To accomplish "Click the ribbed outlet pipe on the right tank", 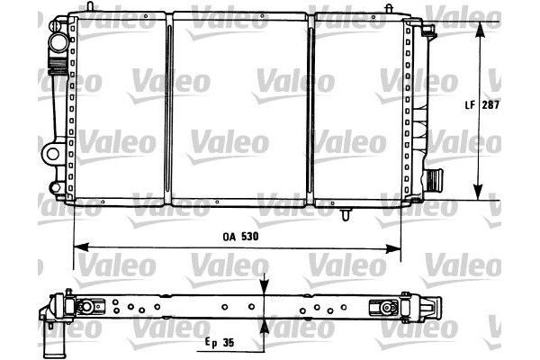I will [x=433, y=178].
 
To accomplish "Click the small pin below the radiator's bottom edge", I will [x=346, y=215].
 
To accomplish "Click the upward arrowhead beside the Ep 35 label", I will [x=264, y=325].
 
